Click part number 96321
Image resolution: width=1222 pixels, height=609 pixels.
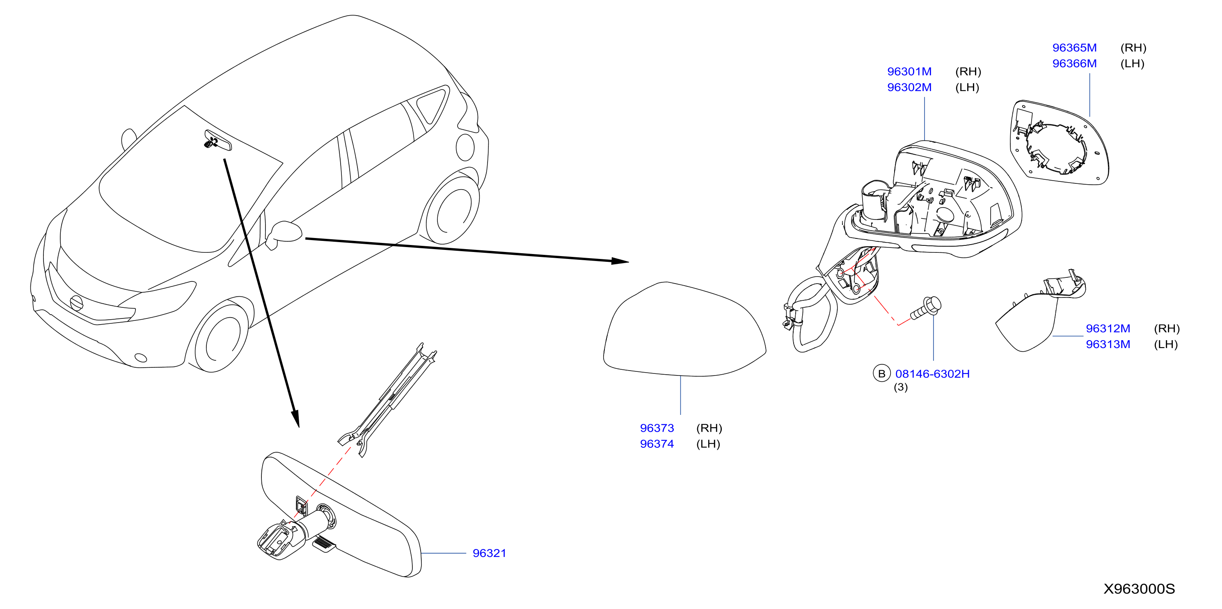click(489, 553)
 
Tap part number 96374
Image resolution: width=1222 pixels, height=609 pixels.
click(657, 444)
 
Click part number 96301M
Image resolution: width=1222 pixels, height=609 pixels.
click(909, 72)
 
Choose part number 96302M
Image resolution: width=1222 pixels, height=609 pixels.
click(909, 87)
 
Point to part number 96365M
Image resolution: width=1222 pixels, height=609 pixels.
click(1074, 48)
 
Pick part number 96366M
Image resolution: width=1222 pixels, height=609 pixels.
click(1074, 64)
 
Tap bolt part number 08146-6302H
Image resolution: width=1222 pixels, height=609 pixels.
click(932, 374)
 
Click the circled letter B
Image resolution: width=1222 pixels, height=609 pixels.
click(881, 374)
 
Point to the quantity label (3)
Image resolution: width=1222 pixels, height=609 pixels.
click(900, 387)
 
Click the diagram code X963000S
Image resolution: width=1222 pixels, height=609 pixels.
click(1139, 588)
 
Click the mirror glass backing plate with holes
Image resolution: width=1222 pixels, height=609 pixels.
click(1058, 142)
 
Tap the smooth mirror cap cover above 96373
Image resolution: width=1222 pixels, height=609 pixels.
click(684, 329)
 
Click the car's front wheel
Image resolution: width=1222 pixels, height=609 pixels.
click(221, 337)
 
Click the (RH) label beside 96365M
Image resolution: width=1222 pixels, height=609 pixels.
click(1133, 48)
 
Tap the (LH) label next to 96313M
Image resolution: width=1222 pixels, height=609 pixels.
click(1165, 344)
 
